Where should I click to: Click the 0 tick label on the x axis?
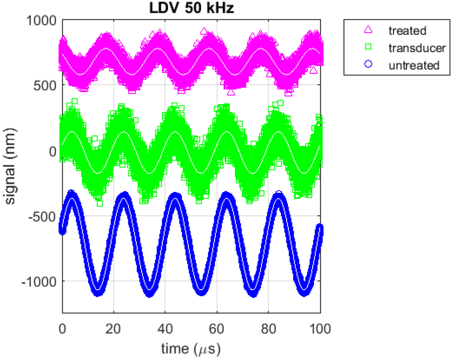[x=62, y=329]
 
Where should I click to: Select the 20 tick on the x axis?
[x=114, y=329]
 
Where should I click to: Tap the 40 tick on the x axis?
[x=165, y=329]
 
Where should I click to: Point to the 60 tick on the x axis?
[x=217, y=329]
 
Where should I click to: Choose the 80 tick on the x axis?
[x=269, y=329]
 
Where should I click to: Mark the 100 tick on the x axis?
[x=320, y=329]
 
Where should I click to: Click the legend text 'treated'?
[x=407, y=31]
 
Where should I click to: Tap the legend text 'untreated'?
[x=414, y=65]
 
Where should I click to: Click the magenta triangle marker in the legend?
[x=369, y=31]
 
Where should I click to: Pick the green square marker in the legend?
[x=369, y=48]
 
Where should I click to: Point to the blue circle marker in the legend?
[x=369, y=65]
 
